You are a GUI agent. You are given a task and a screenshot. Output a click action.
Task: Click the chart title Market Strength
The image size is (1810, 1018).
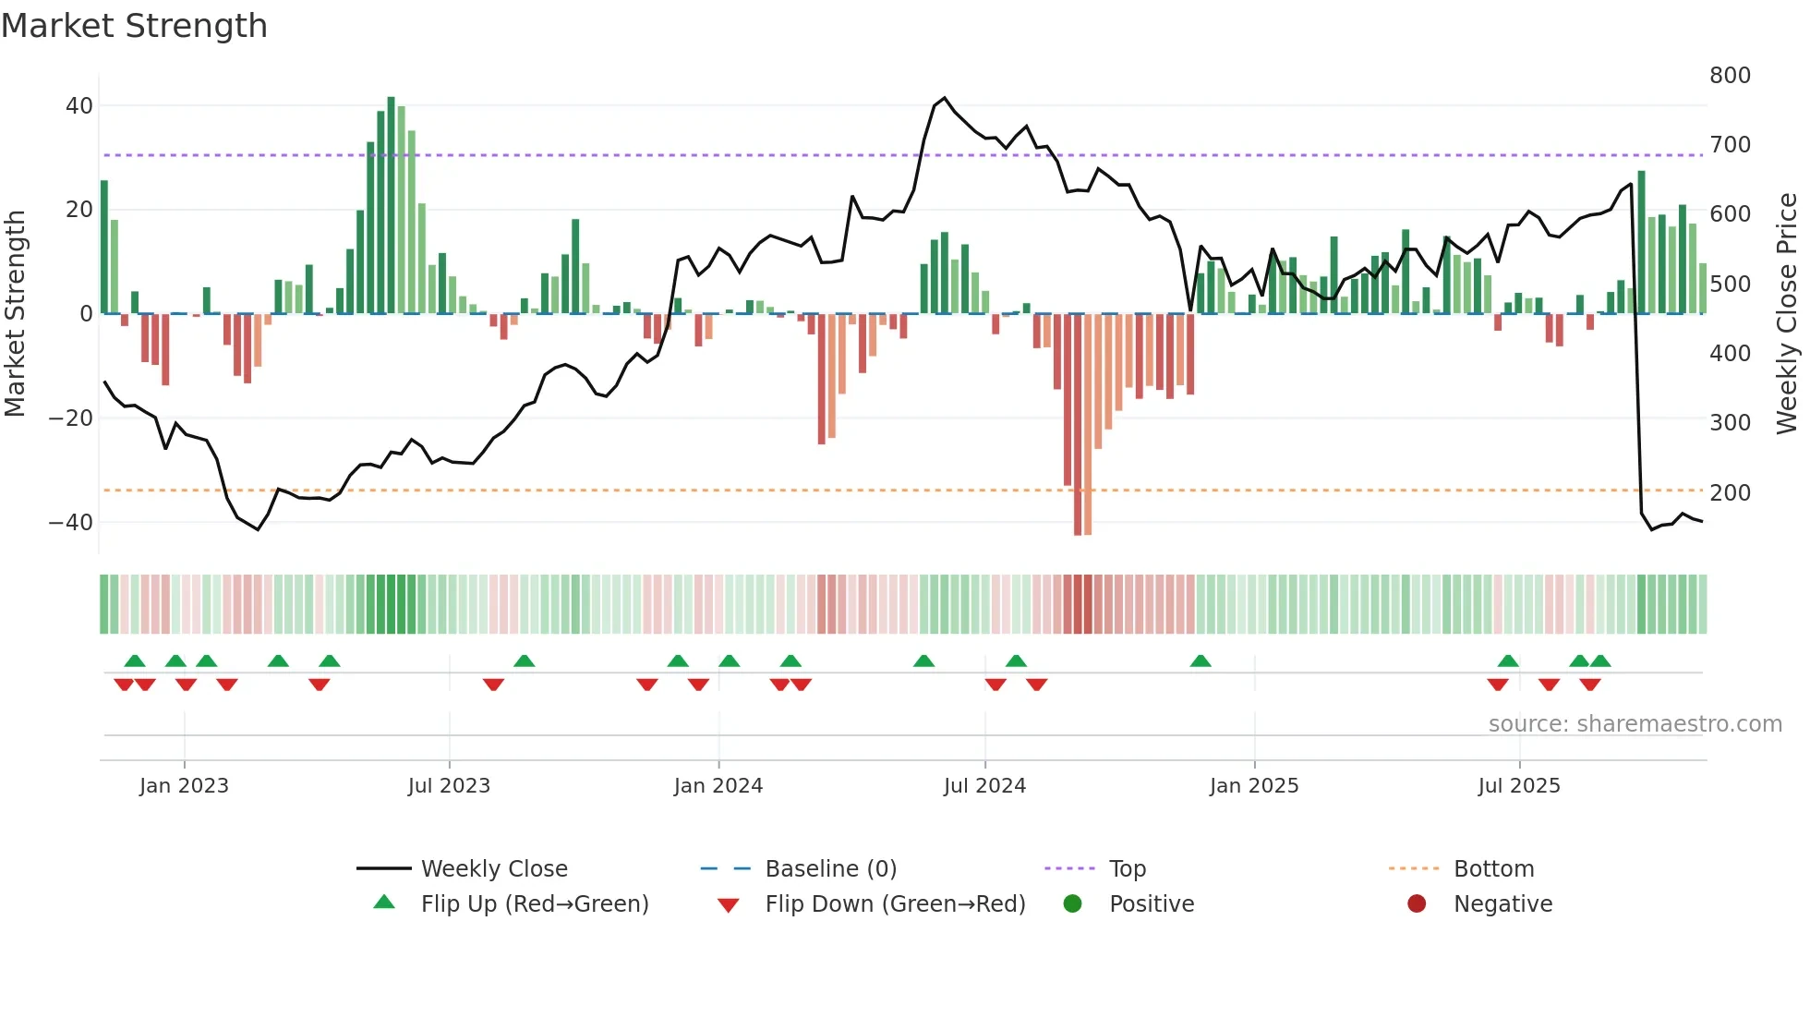coord(134,26)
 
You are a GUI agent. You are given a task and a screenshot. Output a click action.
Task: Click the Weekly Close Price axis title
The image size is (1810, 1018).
coord(1787,313)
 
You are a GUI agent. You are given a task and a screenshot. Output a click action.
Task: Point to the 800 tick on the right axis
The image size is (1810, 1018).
coord(1729,76)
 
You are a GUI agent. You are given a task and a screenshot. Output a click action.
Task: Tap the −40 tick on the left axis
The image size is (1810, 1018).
coord(71,523)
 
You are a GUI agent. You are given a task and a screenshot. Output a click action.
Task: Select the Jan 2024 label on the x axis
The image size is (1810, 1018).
coord(718,786)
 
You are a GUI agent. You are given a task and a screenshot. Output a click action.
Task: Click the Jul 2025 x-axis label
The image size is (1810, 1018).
coord(1518,786)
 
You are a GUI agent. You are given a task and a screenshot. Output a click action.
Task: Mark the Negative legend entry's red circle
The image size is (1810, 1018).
coord(1416,903)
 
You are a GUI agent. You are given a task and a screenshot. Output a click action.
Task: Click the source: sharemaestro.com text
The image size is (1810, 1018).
coord(1635,724)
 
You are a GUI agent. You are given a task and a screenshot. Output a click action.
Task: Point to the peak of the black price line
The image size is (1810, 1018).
coord(944,98)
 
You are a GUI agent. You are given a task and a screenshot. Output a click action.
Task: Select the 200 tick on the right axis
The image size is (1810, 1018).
coord(1729,493)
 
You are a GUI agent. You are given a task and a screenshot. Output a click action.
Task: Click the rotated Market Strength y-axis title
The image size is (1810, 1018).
coord(15,313)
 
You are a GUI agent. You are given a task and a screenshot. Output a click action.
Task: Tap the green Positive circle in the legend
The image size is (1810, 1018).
coord(1072,903)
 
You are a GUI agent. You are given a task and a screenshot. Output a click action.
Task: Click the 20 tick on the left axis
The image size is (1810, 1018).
coord(78,210)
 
